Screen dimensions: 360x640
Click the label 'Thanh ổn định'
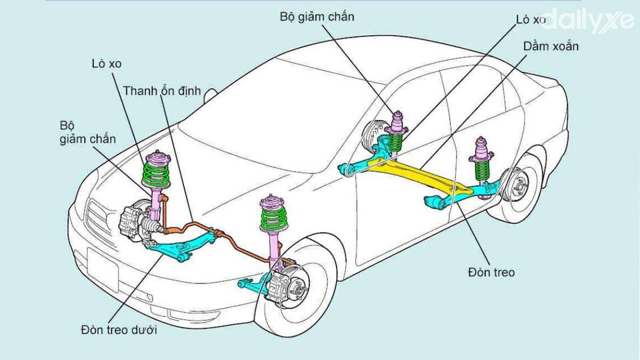(x=161, y=91)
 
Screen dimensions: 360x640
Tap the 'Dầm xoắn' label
(x=551, y=47)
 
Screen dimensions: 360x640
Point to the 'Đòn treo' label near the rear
(x=491, y=272)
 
